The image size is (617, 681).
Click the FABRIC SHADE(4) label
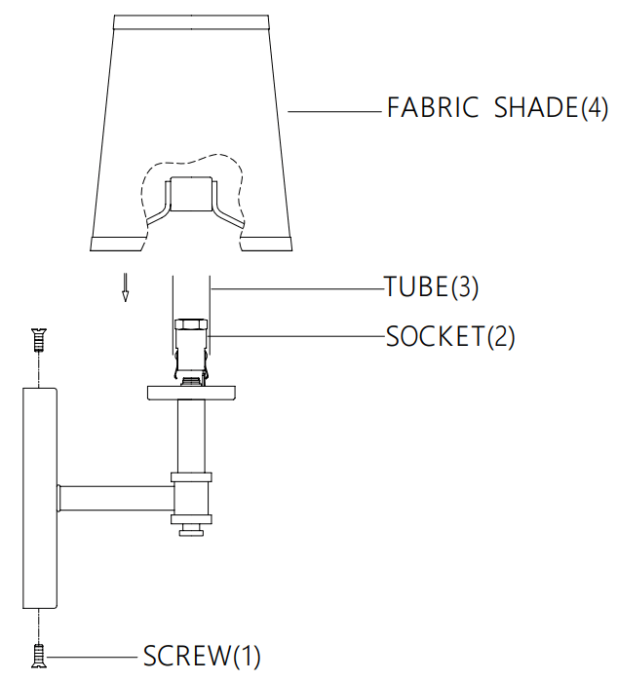click(x=497, y=107)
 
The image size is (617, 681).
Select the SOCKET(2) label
click(x=449, y=337)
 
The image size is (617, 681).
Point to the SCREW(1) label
click(x=202, y=656)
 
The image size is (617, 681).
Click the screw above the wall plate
click(x=38, y=340)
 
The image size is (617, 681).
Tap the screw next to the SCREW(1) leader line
click(x=38, y=656)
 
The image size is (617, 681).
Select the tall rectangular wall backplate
click(x=39, y=497)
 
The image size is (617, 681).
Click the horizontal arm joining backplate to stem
click(x=115, y=498)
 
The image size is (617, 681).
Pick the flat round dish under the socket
click(x=192, y=393)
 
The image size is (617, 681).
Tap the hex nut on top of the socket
click(x=190, y=325)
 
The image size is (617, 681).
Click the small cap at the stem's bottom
click(x=191, y=529)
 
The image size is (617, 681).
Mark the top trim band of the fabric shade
click(x=191, y=20)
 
